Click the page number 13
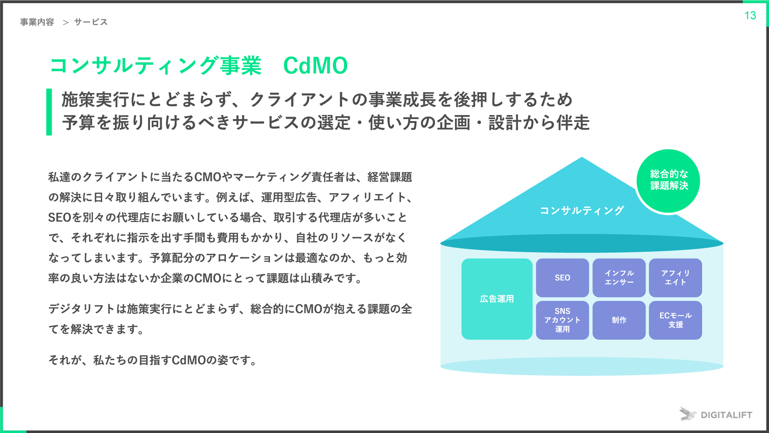coord(750,16)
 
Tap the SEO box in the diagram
coord(562,278)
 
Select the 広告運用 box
coord(497,299)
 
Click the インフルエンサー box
coord(619,278)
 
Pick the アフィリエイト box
coord(675,278)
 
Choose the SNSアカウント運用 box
coord(562,320)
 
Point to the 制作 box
coord(619,320)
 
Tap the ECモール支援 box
coord(675,320)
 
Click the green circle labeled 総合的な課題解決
coord(668,180)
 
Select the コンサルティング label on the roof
coord(582,211)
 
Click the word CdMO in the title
coord(315,66)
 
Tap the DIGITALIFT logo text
coord(726,415)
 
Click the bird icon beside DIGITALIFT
coord(687,414)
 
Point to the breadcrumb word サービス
coord(91,22)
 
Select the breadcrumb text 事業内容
coord(37,22)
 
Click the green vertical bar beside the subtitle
coord(49,112)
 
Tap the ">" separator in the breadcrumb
coord(66,22)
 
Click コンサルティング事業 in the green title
coord(155,66)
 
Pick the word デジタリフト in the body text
coord(81,309)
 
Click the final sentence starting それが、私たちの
coord(152,360)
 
